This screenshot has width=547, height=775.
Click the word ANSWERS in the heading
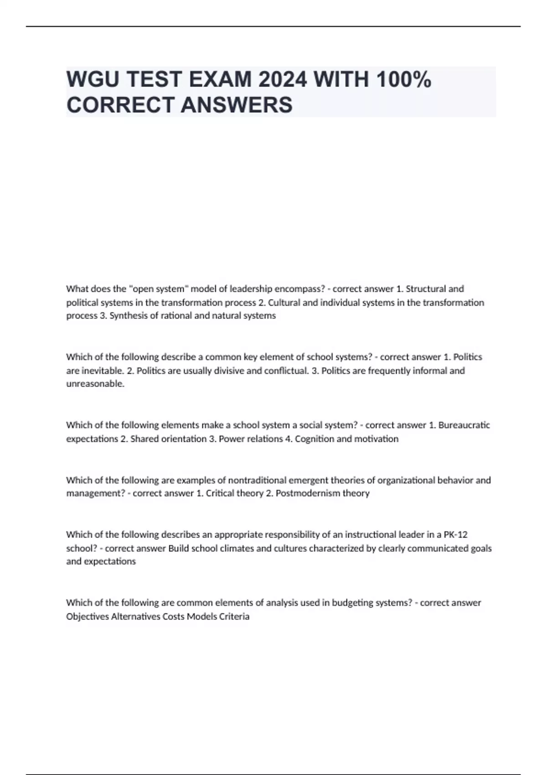237,105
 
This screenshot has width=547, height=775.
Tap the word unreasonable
95,384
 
